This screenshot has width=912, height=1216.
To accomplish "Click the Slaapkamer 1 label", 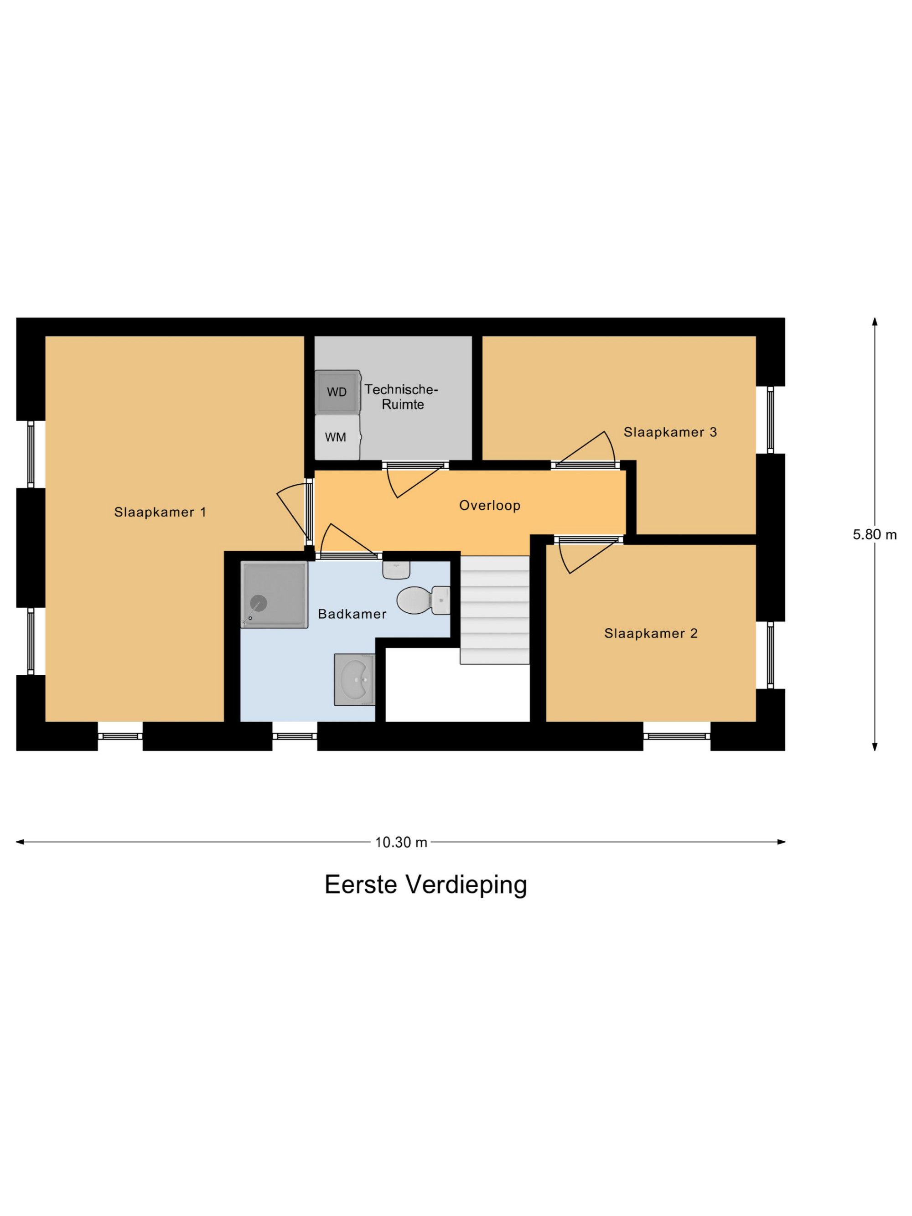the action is pyautogui.click(x=160, y=512).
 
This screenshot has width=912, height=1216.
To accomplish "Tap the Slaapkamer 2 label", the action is pyautogui.click(x=651, y=633).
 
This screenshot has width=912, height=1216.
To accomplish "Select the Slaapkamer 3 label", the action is pyautogui.click(x=670, y=432).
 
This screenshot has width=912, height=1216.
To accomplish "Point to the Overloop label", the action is pyautogui.click(x=490, y=505).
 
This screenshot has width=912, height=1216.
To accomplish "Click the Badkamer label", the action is pyautogui.click(x=352, y=614).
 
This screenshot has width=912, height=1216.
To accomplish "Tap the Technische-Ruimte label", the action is pyautogui.click(x=401, y=397).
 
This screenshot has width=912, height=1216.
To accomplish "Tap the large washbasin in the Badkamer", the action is pyautogui.click(x=355, y=680).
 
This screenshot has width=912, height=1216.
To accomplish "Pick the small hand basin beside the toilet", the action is pyautogui.click(x=396, y=569).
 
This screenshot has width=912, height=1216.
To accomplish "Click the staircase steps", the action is pyautogui.click(x=495, y=610).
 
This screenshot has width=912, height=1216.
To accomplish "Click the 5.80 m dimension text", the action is pyautogui.click(x=875, y=534).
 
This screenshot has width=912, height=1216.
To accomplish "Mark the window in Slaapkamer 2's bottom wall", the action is pyautogui.click(x=677, y=736).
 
